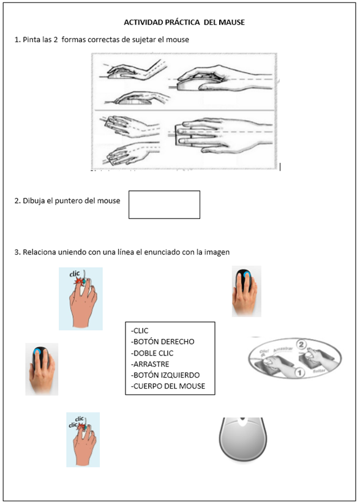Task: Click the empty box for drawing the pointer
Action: (164, 204)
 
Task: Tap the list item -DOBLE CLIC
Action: (152, 353)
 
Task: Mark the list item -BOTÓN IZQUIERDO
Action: (165, 375)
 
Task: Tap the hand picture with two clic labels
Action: (83, 439)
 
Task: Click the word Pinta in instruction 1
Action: (33, 40)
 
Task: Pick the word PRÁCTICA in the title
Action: (182, 23)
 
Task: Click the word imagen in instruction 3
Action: (217, 252)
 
